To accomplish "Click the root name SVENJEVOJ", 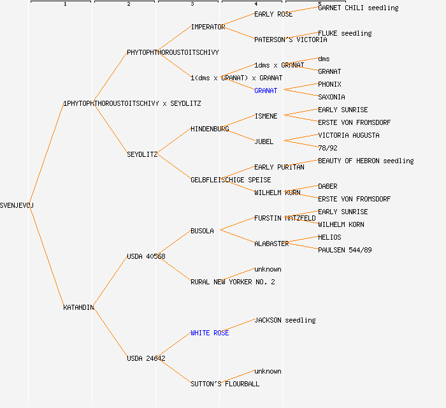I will pyautogui.click(x=17, y=205).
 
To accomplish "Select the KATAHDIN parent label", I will pyautogui.click(x=78, y=307).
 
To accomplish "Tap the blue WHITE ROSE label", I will pyautogui.click(x=210, y=333).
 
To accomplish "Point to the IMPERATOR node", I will pyautogui.click(x=208, y=27).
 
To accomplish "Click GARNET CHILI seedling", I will pyautogui.click(x=358, y=8).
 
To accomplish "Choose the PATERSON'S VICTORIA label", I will pyautogui.click(x=291, y=40).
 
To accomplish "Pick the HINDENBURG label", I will pyautogui.click(x=210, y=129).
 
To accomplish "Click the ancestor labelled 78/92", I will pyautogui.click(x=327, y=148).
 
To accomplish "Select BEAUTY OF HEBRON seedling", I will pyautogui.click(x=366, y=161).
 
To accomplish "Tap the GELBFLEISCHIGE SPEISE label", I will pyautogui.click(x=231, y=180).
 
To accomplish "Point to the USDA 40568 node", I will pyautogui.click(x=146, y=256).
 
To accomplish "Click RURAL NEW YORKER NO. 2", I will pyautogui.click(x=233, y=282).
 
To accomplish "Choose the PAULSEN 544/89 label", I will pyautogui.click(x=345, y=250).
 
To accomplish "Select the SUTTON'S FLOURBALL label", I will pyautogui.click(x=225, y=384).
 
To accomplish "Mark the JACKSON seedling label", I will pyautogui.click(x=285, y=320).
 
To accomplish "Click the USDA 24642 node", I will pyautogui.click(x=146, y=358).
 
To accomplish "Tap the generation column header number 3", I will pyautogui.click(x=192, y=4).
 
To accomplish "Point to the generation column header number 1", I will pyautogui.click(x=64, y=4).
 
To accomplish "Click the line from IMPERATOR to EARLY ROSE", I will pyautogui.click(x=240, y=20).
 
